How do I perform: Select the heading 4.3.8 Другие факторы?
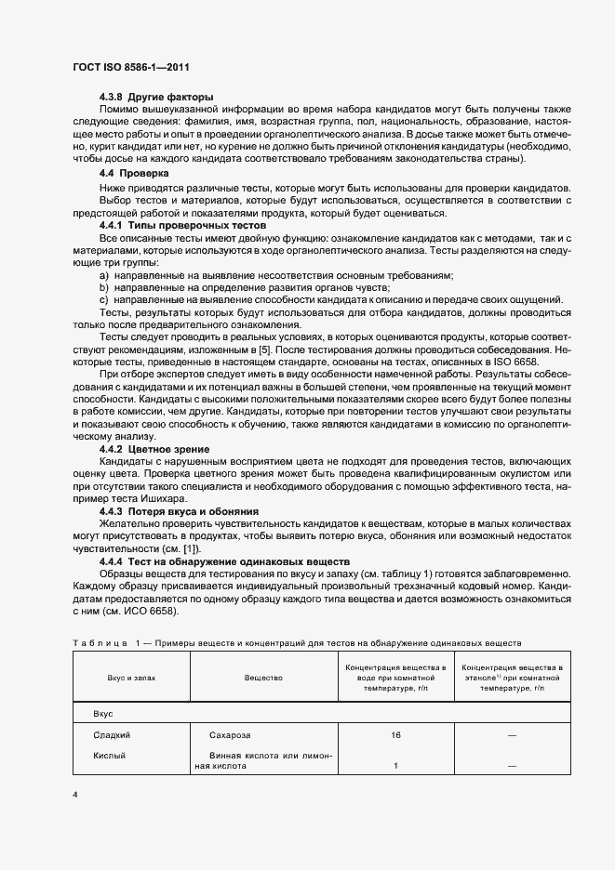[156, 98]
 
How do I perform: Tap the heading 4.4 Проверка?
[134, 174]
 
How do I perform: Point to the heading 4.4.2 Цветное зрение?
[154, 449]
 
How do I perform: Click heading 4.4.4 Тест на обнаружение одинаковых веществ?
[223, 562]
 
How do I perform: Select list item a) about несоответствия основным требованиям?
[276, 276]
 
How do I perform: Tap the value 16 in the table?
[396, 735]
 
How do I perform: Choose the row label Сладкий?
[110, 735]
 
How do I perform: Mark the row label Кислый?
[109, 756]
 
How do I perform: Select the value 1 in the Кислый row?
[396, 766]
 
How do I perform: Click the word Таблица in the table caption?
[99, 642]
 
